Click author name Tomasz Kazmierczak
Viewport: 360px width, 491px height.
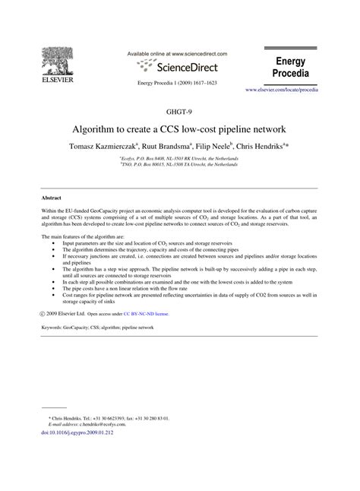point(110,146)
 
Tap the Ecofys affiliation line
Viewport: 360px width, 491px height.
point(180,158)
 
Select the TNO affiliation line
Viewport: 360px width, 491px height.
point(180,163)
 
